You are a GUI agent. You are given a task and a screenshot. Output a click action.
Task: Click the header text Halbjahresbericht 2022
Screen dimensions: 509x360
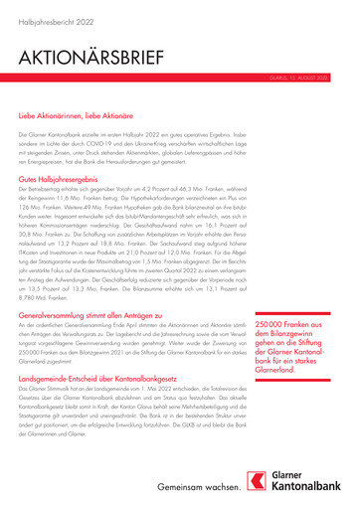click(x=48, y=19)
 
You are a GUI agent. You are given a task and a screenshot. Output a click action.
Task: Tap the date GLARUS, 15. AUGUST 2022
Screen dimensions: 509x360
click(x=316, y=76)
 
